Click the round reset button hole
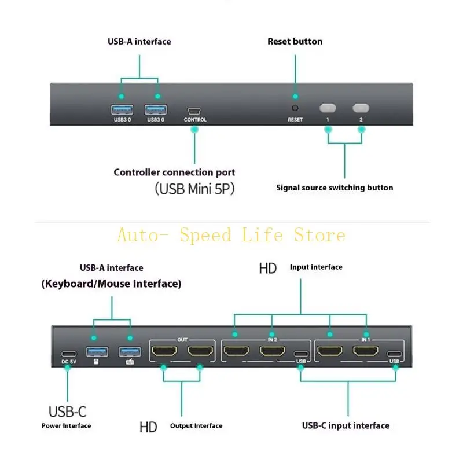295,108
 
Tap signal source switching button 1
328,108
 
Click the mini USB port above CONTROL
194,110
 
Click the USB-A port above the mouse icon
94,351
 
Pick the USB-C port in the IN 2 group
300,354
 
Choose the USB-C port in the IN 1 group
395,354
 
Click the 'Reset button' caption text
295,42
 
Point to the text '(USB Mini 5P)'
194,189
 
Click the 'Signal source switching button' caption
335,188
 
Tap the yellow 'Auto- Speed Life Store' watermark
231,236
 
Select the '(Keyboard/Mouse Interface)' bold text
111,284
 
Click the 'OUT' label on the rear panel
182,340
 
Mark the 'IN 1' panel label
366,340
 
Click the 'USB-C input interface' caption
346,425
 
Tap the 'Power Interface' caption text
66,426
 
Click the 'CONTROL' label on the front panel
195,120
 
